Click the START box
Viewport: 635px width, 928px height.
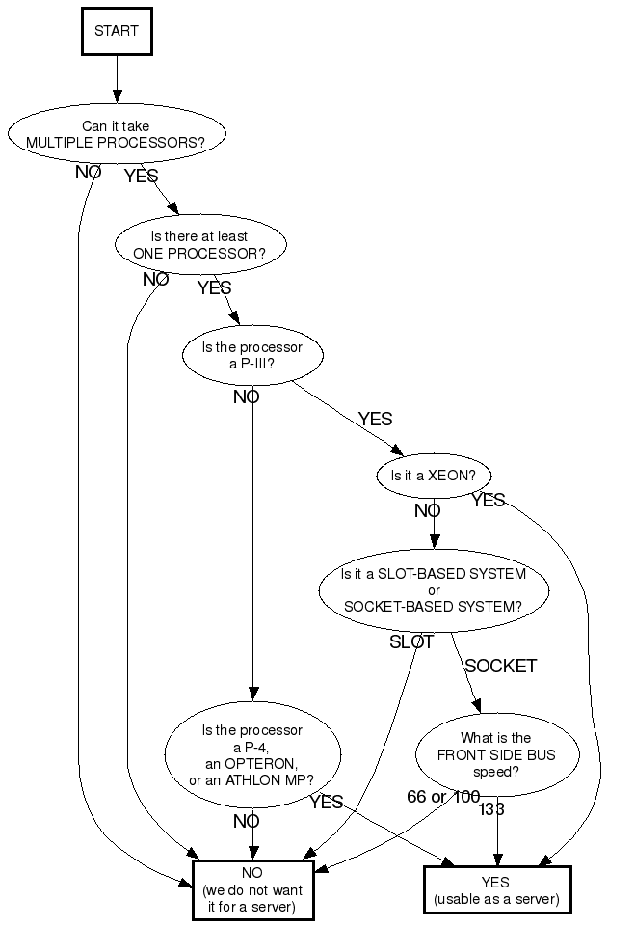[117, 31]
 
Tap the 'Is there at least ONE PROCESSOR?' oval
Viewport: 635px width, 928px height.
[200, 244]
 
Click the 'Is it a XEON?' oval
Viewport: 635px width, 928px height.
[434, 476]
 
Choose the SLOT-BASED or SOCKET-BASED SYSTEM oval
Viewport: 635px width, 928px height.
[434, 590]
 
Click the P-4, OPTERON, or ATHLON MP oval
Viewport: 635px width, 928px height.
[251, 755]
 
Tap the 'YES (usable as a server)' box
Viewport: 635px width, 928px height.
[496, 889]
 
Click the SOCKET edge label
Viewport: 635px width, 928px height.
[500, 666]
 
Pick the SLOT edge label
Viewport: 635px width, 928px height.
[411, 641]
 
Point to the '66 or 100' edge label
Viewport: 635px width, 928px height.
[442, 796]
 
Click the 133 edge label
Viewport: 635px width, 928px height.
[491, 809]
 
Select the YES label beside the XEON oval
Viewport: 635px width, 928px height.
[488, 500]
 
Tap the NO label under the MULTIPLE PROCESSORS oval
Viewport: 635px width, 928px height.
[89, 172]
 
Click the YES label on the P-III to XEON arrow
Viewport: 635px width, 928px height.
[375, 419]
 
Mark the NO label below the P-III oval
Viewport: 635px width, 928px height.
[246, 396]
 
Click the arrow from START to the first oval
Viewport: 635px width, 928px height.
[117, 78]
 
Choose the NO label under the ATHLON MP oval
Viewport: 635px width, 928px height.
[246, 821]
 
